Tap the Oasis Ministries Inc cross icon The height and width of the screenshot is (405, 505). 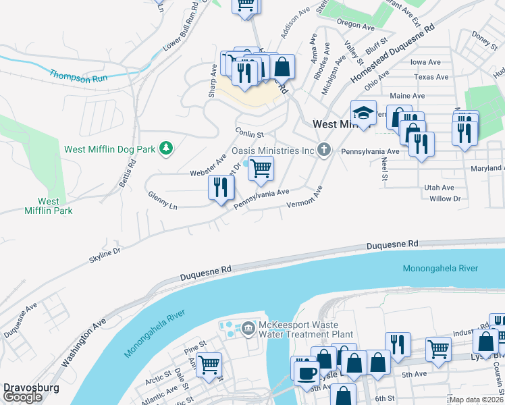point(324,149)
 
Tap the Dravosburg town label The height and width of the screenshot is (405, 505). point(31,388)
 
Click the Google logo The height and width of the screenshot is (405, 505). point(22,398)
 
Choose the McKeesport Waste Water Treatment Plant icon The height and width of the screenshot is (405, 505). point(248,328)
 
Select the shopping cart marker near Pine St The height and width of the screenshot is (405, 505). point(209,365)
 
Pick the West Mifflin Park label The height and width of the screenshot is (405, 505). point(55,206)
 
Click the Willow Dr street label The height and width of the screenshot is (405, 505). point(444,198)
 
